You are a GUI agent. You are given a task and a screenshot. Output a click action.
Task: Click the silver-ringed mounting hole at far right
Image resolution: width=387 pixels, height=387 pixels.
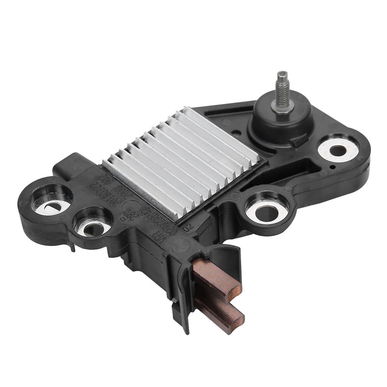[337, 150]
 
